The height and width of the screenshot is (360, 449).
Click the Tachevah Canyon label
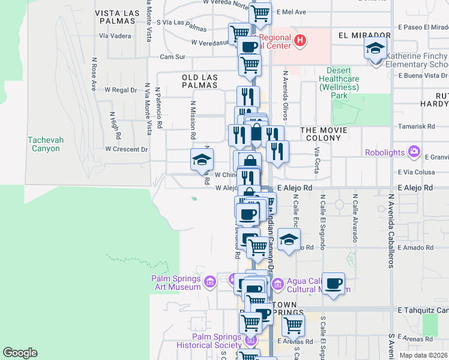44,144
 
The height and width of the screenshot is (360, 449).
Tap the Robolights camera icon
414,152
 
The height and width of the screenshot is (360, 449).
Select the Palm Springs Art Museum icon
209,281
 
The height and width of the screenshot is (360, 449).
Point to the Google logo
20,353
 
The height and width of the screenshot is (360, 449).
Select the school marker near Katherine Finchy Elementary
375,48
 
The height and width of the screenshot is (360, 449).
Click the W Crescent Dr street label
126,149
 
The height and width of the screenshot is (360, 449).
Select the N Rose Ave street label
94,74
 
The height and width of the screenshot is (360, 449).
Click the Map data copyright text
423,355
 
